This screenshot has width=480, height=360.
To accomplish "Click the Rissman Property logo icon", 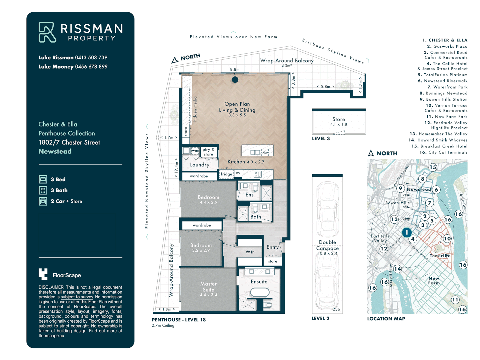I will click(47, 32).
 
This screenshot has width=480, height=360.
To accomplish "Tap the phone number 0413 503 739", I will click(91, 57).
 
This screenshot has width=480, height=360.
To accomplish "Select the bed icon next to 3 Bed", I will click(43, 179).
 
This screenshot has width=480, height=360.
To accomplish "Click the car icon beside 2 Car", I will click(43, 201).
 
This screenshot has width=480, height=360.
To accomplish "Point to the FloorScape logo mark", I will click(43, 274).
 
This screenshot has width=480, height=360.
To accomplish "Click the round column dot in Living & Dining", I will click(235, 80).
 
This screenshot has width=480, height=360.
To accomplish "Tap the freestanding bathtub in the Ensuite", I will click(260, 293).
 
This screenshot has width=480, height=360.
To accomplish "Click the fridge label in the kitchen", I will click(226, 174).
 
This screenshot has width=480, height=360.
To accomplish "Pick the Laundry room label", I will click(200, 165).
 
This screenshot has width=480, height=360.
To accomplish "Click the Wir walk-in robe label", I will click(250, 252).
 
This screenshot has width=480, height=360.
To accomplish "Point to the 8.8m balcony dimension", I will click(235, 69).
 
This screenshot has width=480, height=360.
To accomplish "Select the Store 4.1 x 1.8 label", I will click(339, 121).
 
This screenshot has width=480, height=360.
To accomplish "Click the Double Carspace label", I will click(327, 245).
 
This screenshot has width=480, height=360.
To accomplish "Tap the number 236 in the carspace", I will click(336, 309).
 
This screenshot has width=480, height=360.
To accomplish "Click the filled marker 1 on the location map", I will click(406, 232).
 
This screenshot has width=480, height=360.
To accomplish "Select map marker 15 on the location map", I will click(433, 167).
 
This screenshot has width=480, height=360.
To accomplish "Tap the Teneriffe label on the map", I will click(440, 256).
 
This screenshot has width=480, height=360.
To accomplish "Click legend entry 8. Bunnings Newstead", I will click(443, 93).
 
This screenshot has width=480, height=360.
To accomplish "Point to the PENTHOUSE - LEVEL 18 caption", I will click(179, 320).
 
